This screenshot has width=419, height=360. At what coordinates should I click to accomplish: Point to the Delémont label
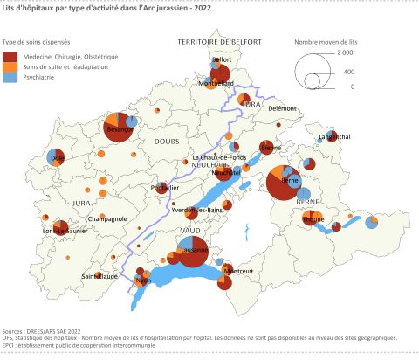coord(282,107)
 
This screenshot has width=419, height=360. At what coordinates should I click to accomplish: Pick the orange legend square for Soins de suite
coord(8,66)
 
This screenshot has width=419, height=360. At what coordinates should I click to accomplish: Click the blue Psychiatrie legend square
coord(8,78)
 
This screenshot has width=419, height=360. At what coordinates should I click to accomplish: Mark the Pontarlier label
coord(164,188)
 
